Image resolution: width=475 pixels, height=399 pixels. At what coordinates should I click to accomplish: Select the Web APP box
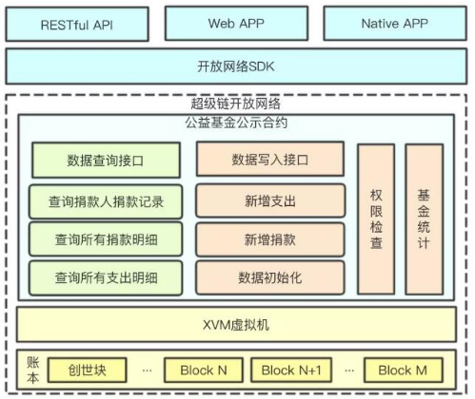[235, 23]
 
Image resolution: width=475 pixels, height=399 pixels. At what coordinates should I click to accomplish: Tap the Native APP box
[394, 23]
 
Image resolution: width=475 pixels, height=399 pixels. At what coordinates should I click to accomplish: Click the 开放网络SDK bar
[236, 66]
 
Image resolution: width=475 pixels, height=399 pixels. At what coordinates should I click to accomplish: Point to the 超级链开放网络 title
[236, 104]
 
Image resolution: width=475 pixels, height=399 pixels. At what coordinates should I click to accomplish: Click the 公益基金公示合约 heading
[236, 121]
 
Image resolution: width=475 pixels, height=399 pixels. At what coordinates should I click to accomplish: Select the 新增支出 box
[270, 200]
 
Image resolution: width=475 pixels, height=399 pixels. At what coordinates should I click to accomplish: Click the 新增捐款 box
[270, 239]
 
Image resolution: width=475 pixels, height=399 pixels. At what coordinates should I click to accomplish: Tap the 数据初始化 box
[270, 278]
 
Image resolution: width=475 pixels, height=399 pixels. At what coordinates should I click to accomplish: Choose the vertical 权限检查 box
[376, 218]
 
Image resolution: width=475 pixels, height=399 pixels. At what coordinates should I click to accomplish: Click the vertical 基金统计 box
[424, 218]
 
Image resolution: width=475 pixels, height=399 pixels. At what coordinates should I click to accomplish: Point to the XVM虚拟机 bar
[236, 325]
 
